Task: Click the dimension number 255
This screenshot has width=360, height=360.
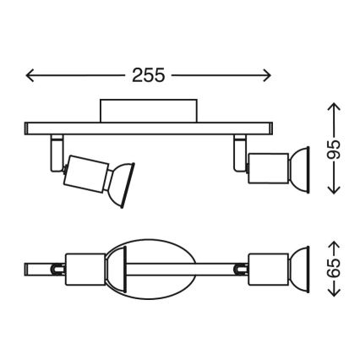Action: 149,74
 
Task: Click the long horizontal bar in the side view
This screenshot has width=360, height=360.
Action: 149,128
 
